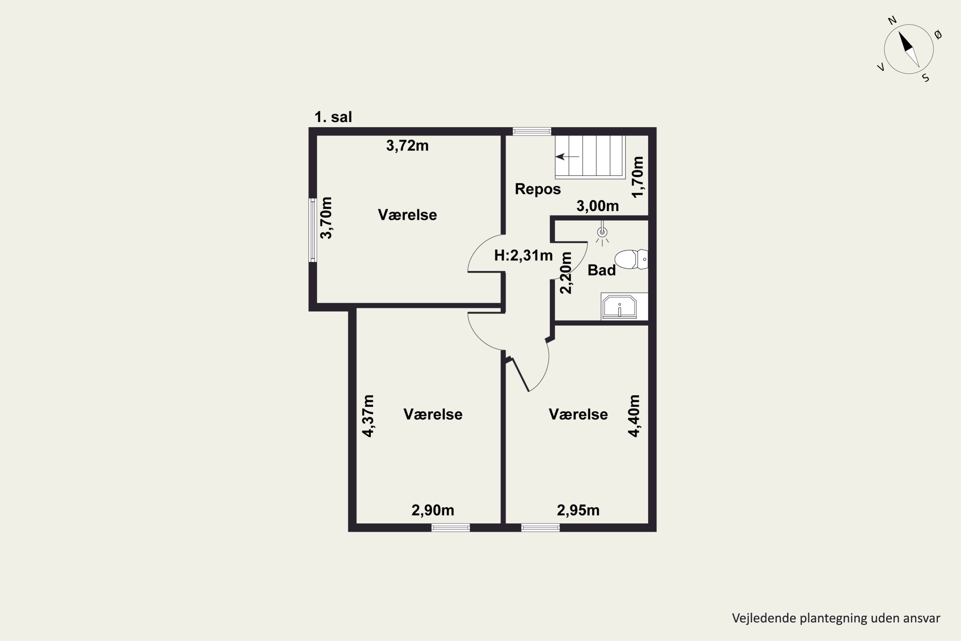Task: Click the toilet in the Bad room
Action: [631, 259]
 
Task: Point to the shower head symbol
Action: [602, 233]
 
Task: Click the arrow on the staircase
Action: [567, 157]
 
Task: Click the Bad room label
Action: [602, 270]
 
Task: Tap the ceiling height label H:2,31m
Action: [523, 255]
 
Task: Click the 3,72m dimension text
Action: [407, 146]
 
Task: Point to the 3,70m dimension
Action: [326, 218]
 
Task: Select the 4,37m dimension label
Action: [368, 416]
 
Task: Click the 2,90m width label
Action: [433, 510]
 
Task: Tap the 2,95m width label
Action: [578, 510]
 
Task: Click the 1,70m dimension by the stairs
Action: [637, 177]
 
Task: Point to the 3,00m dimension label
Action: [597, 206]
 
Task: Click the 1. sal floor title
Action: [333, 117]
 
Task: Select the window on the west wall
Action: [313, 230]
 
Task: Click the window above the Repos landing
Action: [532, 131]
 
